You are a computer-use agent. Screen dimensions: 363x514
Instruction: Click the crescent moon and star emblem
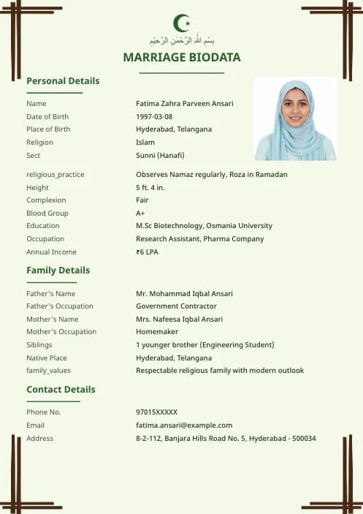[181, 23]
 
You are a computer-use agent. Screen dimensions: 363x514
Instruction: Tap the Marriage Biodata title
[181, 57]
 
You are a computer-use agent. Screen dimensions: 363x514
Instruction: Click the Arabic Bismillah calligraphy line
[181, 40]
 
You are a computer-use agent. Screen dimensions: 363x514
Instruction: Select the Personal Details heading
[63, 81]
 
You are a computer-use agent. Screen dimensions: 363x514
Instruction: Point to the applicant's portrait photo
[295, 119]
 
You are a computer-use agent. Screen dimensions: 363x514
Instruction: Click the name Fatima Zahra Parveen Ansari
[185, 104]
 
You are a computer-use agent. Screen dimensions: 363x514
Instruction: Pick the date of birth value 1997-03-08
[154, 117]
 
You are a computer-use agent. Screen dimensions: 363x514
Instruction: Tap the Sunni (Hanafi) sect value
[160, 155]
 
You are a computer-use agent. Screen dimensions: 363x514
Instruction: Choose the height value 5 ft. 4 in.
[150, 188]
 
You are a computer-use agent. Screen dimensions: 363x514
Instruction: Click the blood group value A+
[140, 213]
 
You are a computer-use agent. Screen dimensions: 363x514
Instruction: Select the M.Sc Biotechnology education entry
[204, 226]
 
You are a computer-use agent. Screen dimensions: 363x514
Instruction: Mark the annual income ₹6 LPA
[147, 252]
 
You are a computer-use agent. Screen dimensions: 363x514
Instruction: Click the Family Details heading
[58, 271]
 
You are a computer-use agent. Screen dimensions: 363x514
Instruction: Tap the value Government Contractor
[176, 306]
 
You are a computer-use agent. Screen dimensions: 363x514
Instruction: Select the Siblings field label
[39, 345]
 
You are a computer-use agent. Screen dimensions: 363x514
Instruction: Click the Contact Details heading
[61, 390]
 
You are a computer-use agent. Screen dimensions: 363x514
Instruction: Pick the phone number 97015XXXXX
[156, 412]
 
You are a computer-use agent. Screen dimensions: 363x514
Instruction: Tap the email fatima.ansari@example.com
[184, 426]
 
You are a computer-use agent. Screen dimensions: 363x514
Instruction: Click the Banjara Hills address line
[226, 439]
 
